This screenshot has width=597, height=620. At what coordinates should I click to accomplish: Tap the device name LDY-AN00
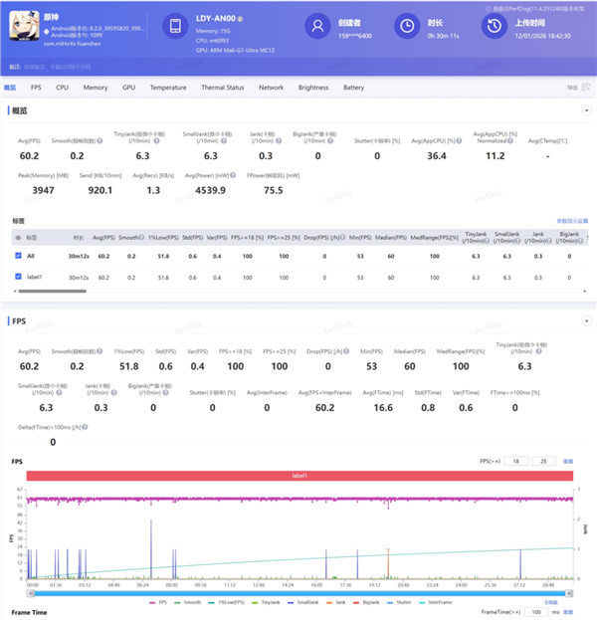[x=221, y=20]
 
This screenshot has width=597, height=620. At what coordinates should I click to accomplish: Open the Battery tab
[x=353, y=88]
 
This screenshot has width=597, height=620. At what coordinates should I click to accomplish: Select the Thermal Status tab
[x=222, y=88]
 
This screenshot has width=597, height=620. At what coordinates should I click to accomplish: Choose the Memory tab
[x=96, y=88]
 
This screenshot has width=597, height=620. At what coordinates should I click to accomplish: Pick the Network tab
[x=271, y=88]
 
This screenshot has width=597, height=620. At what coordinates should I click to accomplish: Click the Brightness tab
[x=312, y=88]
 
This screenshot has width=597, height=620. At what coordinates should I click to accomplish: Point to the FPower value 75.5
[x=273, y=190]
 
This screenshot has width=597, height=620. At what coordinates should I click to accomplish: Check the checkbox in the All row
[x=19, y=256]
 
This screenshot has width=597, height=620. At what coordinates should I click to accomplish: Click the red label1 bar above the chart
[x=299, y=477]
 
